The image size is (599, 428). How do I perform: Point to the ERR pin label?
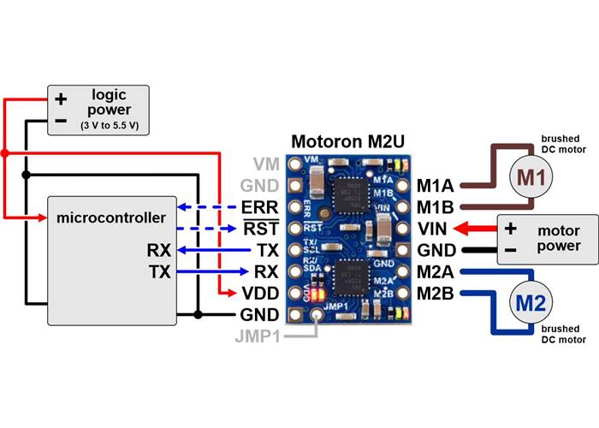pos(260,207)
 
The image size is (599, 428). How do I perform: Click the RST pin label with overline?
pos(260,229)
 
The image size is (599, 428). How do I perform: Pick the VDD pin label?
pos(258,293)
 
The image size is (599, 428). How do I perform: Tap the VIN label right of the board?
pos(435,229)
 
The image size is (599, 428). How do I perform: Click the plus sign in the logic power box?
pos(61,99)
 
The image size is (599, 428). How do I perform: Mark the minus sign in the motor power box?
pos(511,251)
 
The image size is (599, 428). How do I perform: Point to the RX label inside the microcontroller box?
pos(160,251)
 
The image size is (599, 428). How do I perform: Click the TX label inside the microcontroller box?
pos(160,272)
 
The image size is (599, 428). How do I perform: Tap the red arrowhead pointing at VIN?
pos(460,229)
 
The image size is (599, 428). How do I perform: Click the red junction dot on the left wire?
pos(4,153)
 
